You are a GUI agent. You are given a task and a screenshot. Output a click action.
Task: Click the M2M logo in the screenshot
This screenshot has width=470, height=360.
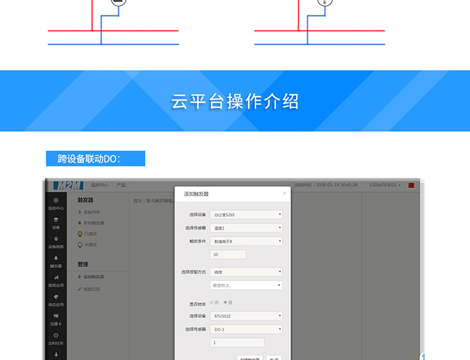point(68,186)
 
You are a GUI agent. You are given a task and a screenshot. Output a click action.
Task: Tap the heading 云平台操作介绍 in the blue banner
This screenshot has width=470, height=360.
point(235,102)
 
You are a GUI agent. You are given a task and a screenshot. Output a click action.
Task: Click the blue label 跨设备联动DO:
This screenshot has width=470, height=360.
point(95,159)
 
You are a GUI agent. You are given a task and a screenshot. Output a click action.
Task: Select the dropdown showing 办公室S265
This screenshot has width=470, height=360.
point(246,214)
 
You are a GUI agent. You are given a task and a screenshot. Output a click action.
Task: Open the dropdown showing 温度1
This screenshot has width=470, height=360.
point(246,228)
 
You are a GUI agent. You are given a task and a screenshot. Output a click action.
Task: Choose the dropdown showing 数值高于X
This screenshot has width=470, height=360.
point(246,241)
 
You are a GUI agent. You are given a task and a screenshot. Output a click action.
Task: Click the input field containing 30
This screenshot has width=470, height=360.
point(228,255)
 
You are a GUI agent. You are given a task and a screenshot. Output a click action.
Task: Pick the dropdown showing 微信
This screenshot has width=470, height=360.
point(246,272)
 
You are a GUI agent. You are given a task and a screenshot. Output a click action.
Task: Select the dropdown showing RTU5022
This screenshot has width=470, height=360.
point(246,316)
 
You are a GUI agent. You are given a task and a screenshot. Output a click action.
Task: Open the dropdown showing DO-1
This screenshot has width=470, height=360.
point(246,329)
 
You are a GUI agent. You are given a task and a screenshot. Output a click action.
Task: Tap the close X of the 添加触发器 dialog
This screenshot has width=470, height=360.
point(285,193)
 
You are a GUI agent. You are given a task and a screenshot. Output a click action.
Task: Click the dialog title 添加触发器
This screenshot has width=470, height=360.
point(196,194)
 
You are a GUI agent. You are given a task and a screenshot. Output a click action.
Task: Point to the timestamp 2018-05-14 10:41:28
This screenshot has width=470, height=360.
point(336,185)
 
